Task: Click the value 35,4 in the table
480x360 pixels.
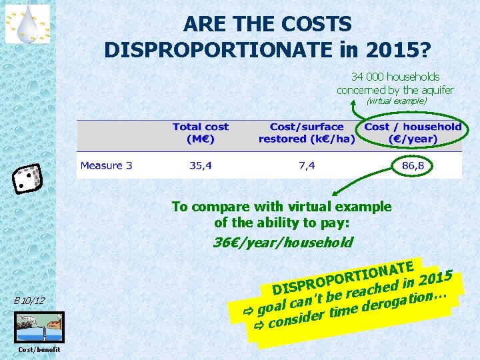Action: (x=200, y=165)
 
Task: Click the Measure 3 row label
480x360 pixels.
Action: (x=106, y=165)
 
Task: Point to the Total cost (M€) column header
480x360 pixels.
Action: (x=200, y=133)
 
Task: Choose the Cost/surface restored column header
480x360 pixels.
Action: (x=307, y=133)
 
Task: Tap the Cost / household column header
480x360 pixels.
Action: (x=413, y=133)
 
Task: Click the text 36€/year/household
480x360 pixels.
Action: (x=282, y=242)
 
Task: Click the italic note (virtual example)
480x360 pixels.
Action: (x=396, y=101)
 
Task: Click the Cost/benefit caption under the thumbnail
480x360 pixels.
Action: (x=39, y=349)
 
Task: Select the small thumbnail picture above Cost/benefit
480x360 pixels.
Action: (x=39, y=327)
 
